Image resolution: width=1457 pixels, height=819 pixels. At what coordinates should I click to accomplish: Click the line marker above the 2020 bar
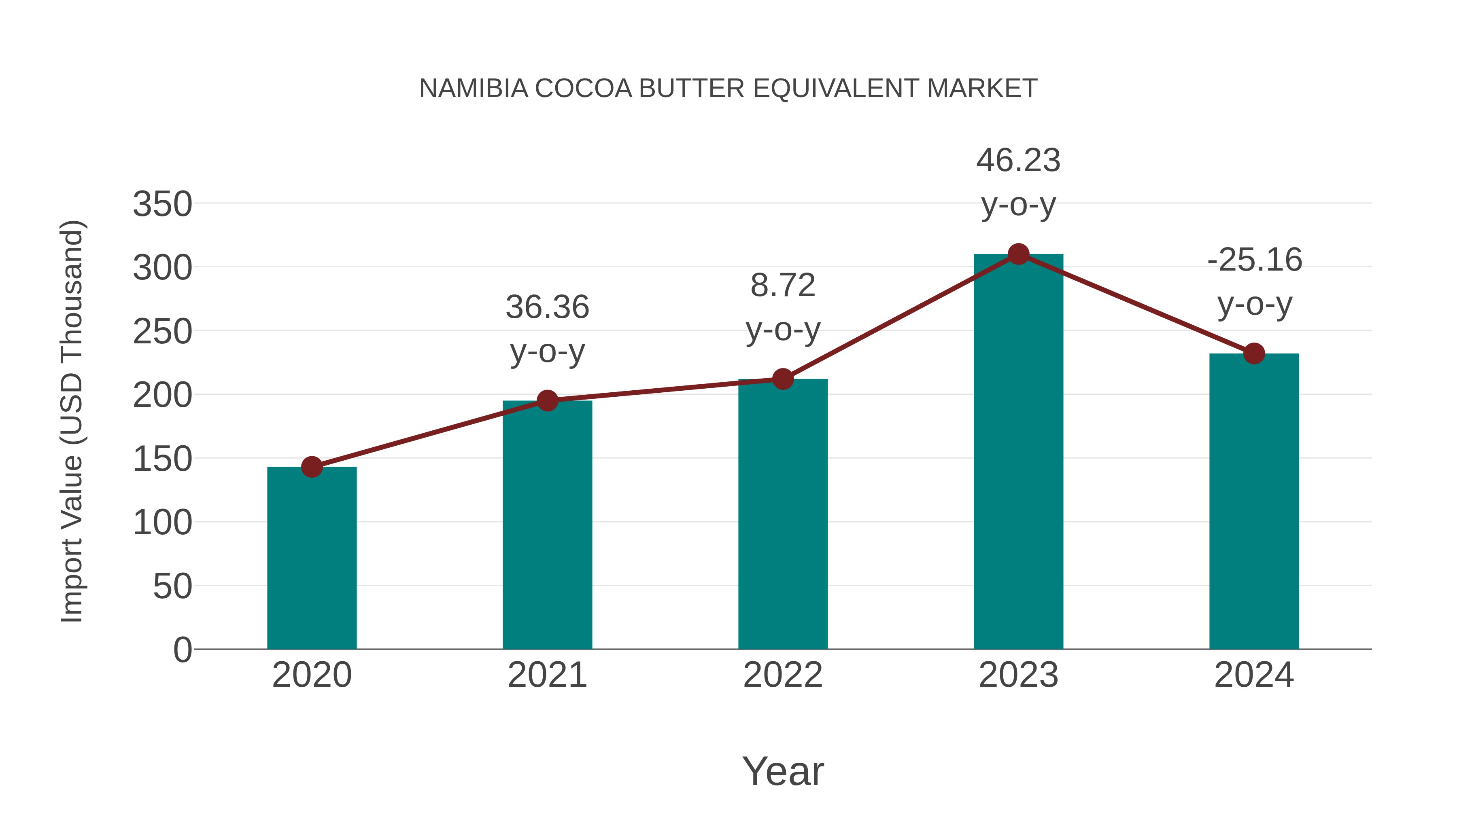tap(312, 467)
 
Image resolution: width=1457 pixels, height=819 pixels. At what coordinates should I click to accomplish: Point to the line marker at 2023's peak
tap(1018, 254)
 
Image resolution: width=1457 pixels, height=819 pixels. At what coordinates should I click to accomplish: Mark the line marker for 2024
tap(1254, 354)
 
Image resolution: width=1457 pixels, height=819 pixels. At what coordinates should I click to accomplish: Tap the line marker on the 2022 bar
tap(783, 379)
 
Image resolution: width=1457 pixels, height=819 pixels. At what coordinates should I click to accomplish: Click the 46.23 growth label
tap(1018, 161)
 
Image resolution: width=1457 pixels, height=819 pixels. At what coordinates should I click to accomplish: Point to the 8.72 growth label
tap(783, 286)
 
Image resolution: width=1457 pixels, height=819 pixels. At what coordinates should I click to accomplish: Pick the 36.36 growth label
tap(547, 307)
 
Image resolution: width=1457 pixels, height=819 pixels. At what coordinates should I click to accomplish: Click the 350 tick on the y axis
tap(162, 204)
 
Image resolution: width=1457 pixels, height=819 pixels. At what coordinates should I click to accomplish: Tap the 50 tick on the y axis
tap(172, 587)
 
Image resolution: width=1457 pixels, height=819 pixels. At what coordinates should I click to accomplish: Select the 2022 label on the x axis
tap(783, 675)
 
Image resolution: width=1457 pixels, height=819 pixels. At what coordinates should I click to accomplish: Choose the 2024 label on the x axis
tap(1254, 675)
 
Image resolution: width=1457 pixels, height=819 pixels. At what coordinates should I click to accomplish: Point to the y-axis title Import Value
tap(72, 421)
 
